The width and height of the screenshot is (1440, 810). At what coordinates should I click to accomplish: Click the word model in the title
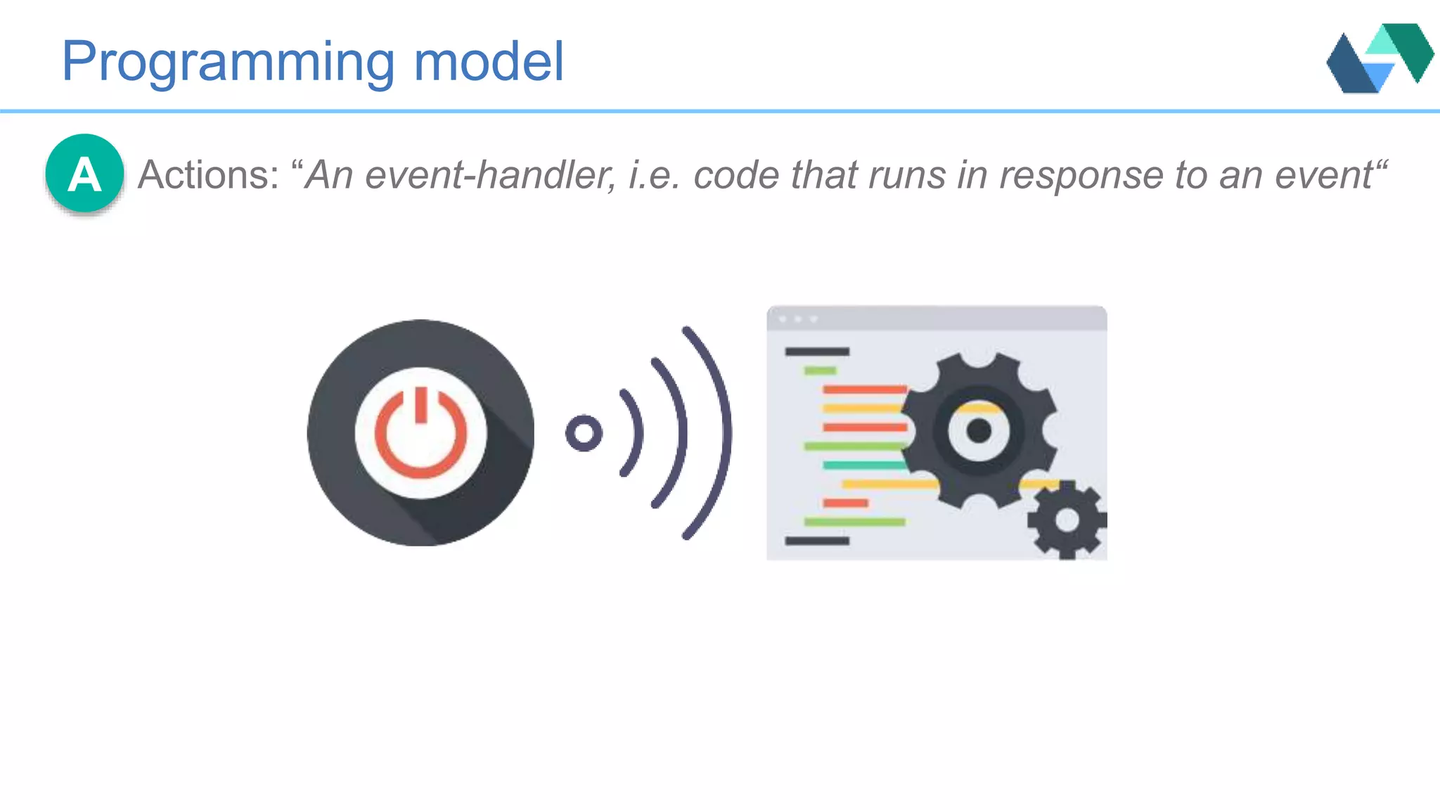tap(489, 62)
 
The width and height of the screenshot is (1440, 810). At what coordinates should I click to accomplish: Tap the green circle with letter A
tap(85, 174)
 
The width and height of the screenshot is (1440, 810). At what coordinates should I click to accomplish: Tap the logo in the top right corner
tap(1379, 58)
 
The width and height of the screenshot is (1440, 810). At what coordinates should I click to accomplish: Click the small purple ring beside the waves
tap(584, 433)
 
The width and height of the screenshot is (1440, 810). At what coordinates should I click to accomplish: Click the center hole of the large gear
tap(979, 430)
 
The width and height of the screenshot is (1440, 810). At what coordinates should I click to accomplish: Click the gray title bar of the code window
tap(937, 319)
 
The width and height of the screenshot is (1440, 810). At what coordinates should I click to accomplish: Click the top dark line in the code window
tap(817, 352)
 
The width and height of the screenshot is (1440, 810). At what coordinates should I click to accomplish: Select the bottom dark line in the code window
tap(817, 541)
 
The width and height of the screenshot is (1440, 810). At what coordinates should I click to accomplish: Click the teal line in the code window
tap(863, 465)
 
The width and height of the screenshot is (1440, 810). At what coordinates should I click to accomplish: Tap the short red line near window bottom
tap(845, 503)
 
